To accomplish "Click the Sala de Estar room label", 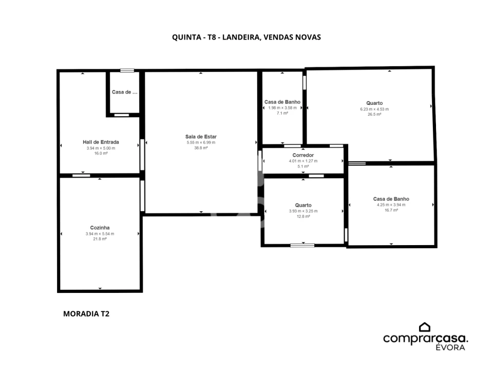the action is tap(201, 137).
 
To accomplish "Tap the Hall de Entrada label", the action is tap(101, 142).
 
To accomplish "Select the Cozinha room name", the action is tap(100, 228).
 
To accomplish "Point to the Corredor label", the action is tap(303, 155).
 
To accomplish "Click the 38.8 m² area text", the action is tap(201, 148).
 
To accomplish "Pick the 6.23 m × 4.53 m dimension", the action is tap(374, 109).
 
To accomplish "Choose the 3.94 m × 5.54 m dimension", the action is tap(100, 234).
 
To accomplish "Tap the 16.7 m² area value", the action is tap(391, 210).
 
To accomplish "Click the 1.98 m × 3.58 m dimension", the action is tap(282, 107).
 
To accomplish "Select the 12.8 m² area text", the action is tap(303, 216).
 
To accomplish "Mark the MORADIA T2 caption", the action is tap(86, 313).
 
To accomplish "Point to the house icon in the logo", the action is tap(425, 327).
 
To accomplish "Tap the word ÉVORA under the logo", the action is tap(450, 347).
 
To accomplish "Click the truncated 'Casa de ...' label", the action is tap(124, 92).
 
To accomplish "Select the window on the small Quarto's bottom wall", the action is tap(302, 246).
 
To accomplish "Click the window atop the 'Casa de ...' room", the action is tap(127, 70).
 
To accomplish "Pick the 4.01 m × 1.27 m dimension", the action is tap(303, 161).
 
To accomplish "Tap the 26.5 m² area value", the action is tap(374, 114).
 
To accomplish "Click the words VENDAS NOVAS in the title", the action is tap(292, 37).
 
